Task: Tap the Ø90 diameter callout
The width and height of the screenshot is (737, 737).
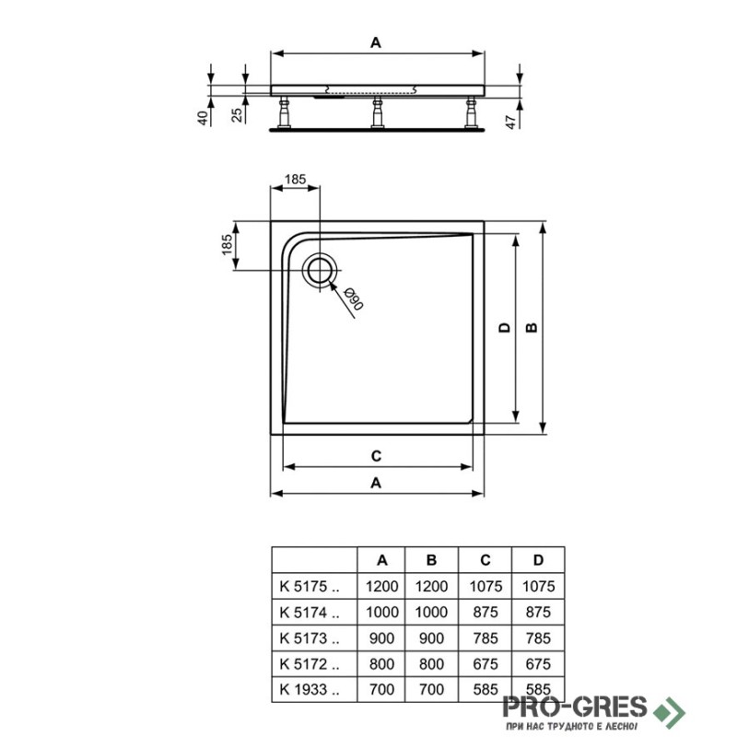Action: (x=354, y=298)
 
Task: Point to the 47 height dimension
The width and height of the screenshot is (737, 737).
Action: (x=511, y=121)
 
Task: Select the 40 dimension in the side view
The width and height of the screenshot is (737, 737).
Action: (x=202, y=118)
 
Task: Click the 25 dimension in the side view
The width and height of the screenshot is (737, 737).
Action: (x=237, y=114)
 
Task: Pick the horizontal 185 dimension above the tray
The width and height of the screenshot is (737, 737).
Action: (x=295, y=179)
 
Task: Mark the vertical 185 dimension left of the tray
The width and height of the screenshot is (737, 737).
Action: (x=227, y=245)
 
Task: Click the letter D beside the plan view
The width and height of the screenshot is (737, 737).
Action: (x=504, y=328)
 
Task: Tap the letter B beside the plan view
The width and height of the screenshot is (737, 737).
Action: (x=532, y=328)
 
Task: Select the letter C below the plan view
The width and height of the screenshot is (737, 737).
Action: (x=376, y=456)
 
